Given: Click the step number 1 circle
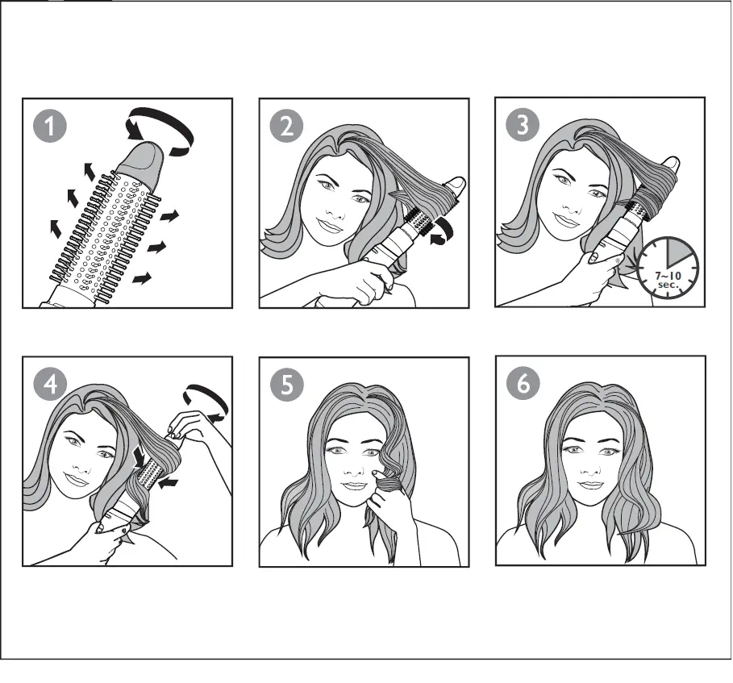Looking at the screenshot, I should pos(51,127).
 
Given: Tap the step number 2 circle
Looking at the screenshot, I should pos(286,127).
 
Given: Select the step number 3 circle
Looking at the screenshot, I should pos(523,127).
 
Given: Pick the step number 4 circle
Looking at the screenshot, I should pos(51,385).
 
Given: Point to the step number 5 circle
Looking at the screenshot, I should pos(287,385).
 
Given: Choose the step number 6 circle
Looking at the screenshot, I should pos(523,385).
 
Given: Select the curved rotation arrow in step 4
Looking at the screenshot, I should pos(205,400).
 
